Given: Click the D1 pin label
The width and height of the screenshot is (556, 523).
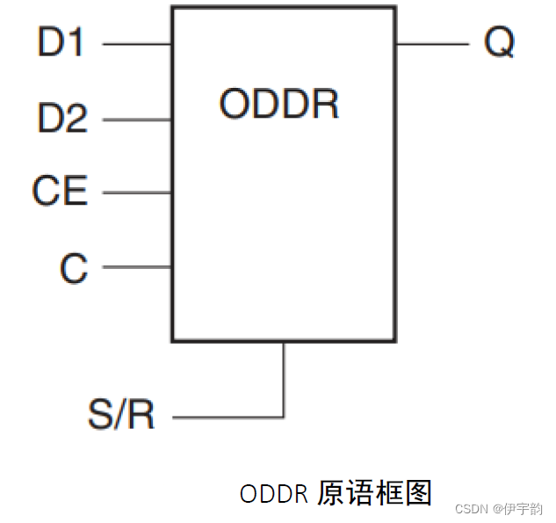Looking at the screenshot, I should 61,42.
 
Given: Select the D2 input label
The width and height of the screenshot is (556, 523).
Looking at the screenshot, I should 62,118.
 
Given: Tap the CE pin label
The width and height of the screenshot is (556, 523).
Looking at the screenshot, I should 60,192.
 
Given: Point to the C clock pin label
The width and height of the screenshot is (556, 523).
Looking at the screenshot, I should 74,267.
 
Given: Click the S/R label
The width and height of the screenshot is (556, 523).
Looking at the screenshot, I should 121,415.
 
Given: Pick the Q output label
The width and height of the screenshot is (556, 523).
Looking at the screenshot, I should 499,42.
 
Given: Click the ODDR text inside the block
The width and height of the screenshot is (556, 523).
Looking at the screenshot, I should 278,105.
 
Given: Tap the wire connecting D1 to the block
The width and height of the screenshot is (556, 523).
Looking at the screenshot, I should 136,42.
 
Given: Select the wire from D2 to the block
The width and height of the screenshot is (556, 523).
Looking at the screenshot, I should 136,119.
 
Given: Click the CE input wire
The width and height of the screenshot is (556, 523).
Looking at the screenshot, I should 136,192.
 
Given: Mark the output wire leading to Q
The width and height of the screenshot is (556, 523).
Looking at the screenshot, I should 431,42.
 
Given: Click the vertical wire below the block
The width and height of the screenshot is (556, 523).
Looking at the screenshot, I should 284,378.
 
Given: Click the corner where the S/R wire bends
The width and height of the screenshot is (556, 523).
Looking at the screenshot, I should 284,417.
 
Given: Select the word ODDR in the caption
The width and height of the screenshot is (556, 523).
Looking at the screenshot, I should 273,494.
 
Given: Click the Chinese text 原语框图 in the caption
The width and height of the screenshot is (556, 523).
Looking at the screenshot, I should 375,493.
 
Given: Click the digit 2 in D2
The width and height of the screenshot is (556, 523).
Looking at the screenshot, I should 76,118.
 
